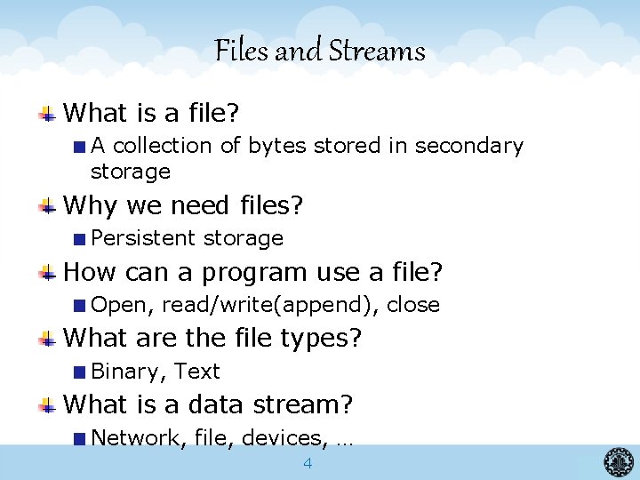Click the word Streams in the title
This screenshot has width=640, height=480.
(377, 52)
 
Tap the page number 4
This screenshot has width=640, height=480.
(308, 463)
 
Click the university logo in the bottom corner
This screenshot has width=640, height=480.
(619, 461)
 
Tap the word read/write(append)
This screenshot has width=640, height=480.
(272, 305)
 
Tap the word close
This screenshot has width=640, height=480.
(413, 305)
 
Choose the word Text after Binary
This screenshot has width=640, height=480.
(196, 372)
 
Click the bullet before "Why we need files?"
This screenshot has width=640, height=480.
(49, 206)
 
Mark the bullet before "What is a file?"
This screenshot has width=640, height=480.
(49, 113)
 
